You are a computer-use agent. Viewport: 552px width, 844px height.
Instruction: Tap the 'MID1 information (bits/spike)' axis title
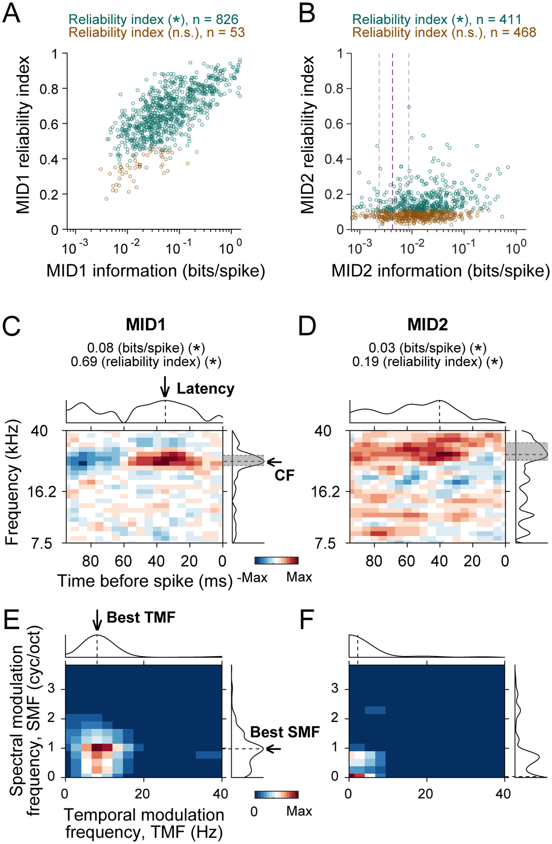155,271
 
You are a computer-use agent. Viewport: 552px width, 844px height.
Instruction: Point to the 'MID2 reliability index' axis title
308,135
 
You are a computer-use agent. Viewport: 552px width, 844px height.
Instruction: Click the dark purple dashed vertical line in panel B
393,141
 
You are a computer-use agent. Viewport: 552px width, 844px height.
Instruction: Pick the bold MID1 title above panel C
145,324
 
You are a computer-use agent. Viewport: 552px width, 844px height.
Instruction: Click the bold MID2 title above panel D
427,324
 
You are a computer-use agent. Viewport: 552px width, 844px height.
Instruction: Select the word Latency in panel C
205,389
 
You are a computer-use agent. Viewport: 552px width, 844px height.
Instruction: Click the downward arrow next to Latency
165,387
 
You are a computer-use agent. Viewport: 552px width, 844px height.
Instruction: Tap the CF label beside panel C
284,475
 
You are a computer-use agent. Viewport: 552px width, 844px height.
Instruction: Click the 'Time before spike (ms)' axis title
145,581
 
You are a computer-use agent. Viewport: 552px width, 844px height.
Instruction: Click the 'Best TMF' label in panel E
141,618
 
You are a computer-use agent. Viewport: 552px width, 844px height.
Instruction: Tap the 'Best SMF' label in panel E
285,732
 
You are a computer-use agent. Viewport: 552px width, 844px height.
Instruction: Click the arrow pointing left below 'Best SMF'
273,748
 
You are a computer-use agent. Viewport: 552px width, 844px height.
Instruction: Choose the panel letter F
307,620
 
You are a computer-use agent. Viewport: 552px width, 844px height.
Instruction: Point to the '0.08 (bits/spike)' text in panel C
136,348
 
